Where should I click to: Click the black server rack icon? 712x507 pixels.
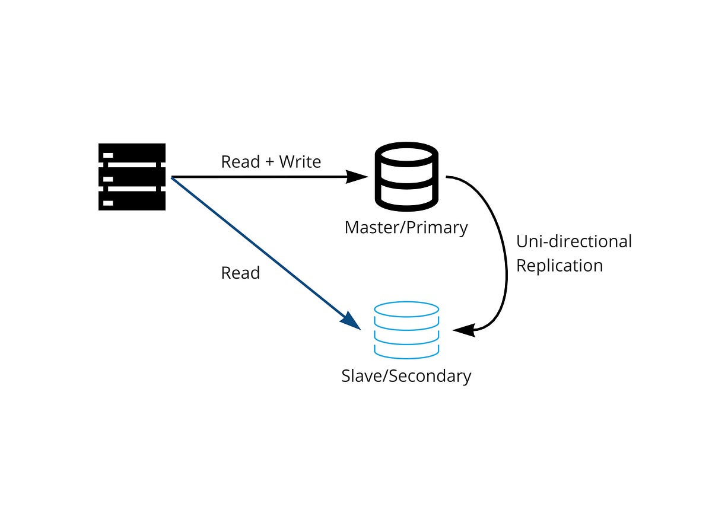pyautogui.click(x=132, y=177)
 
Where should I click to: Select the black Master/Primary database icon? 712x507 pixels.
pyautogui.click(x=406, y=176)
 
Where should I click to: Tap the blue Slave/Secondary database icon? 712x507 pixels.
pyautogui.click(x=406, y=331)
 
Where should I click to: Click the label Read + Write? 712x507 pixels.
pyautogui.click(x=271, y=162)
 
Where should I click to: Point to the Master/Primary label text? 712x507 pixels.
pyautogui.click(x=406, y=228)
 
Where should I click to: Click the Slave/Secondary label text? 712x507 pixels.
pyautogui.click(x=406, y=376)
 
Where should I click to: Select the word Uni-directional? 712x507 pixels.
pyautogui.click(x=574, y=242)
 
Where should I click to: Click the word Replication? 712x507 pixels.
pyautogui.click(x=559, y=266)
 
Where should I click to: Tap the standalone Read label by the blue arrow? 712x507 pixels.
pyautogui.click(x=240, y=273)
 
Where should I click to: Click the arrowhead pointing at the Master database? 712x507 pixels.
pyautogui.click(x=358, y=176)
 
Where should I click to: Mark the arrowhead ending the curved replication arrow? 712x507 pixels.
pyautogui.click(x=465, y=330)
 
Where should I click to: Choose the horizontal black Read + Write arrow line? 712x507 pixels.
pyautogui.click(x=261, y=177)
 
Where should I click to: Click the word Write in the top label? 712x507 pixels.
pyautogui.click(x=300, y=162)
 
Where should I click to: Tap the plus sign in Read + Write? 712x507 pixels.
pyautogui.click(x=270, y=162)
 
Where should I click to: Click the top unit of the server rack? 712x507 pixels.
pyautogui.click(x=132, y=153)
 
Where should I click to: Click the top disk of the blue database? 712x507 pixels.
pyautogui.click(x=406, y=310)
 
